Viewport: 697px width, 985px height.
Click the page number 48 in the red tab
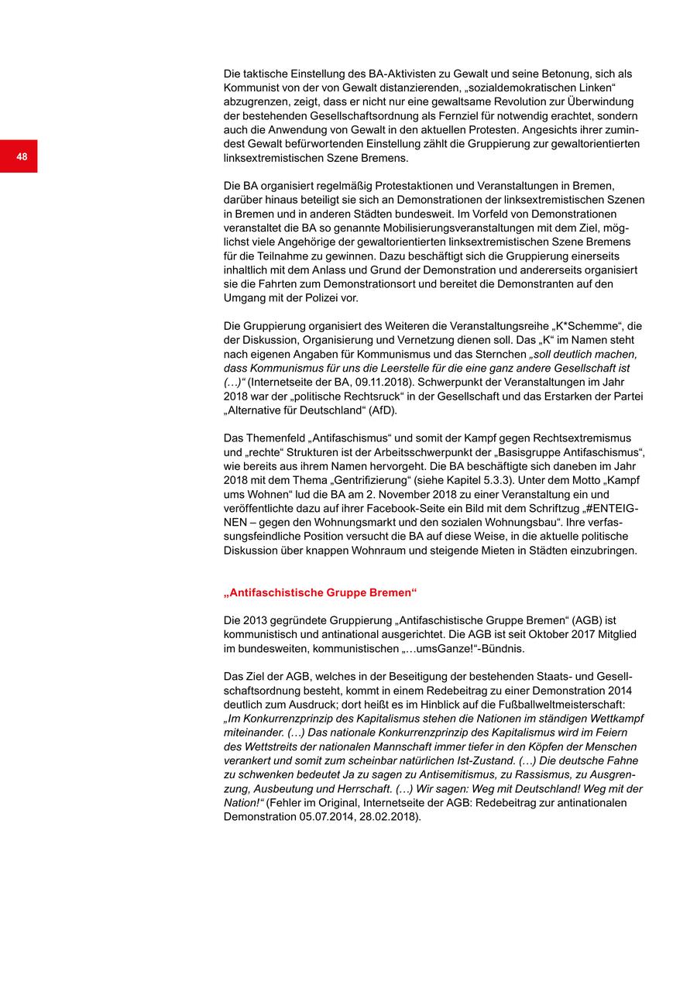(22, 156)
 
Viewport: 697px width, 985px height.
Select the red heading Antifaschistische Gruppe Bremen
(320, 592)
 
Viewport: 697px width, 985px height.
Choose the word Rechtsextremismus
(575, 438)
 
